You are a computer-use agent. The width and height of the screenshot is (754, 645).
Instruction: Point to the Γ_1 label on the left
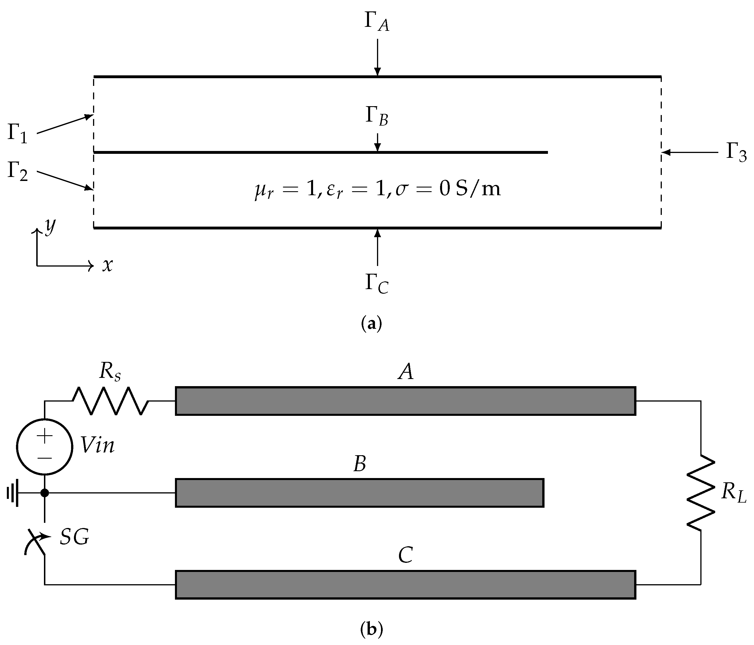17,134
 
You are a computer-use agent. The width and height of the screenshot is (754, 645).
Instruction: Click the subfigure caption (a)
371,323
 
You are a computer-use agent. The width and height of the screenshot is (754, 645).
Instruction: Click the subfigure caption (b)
371,629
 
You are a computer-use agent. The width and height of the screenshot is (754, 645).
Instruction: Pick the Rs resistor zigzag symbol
110,401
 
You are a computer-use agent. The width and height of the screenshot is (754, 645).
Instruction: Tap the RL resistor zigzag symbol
701,493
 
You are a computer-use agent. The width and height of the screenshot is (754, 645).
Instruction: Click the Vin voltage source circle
45,447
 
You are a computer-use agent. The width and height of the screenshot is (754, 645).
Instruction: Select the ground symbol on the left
13,493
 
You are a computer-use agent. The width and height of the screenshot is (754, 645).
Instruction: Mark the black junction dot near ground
45,493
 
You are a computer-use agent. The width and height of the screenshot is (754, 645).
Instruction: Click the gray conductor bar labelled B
360,493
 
